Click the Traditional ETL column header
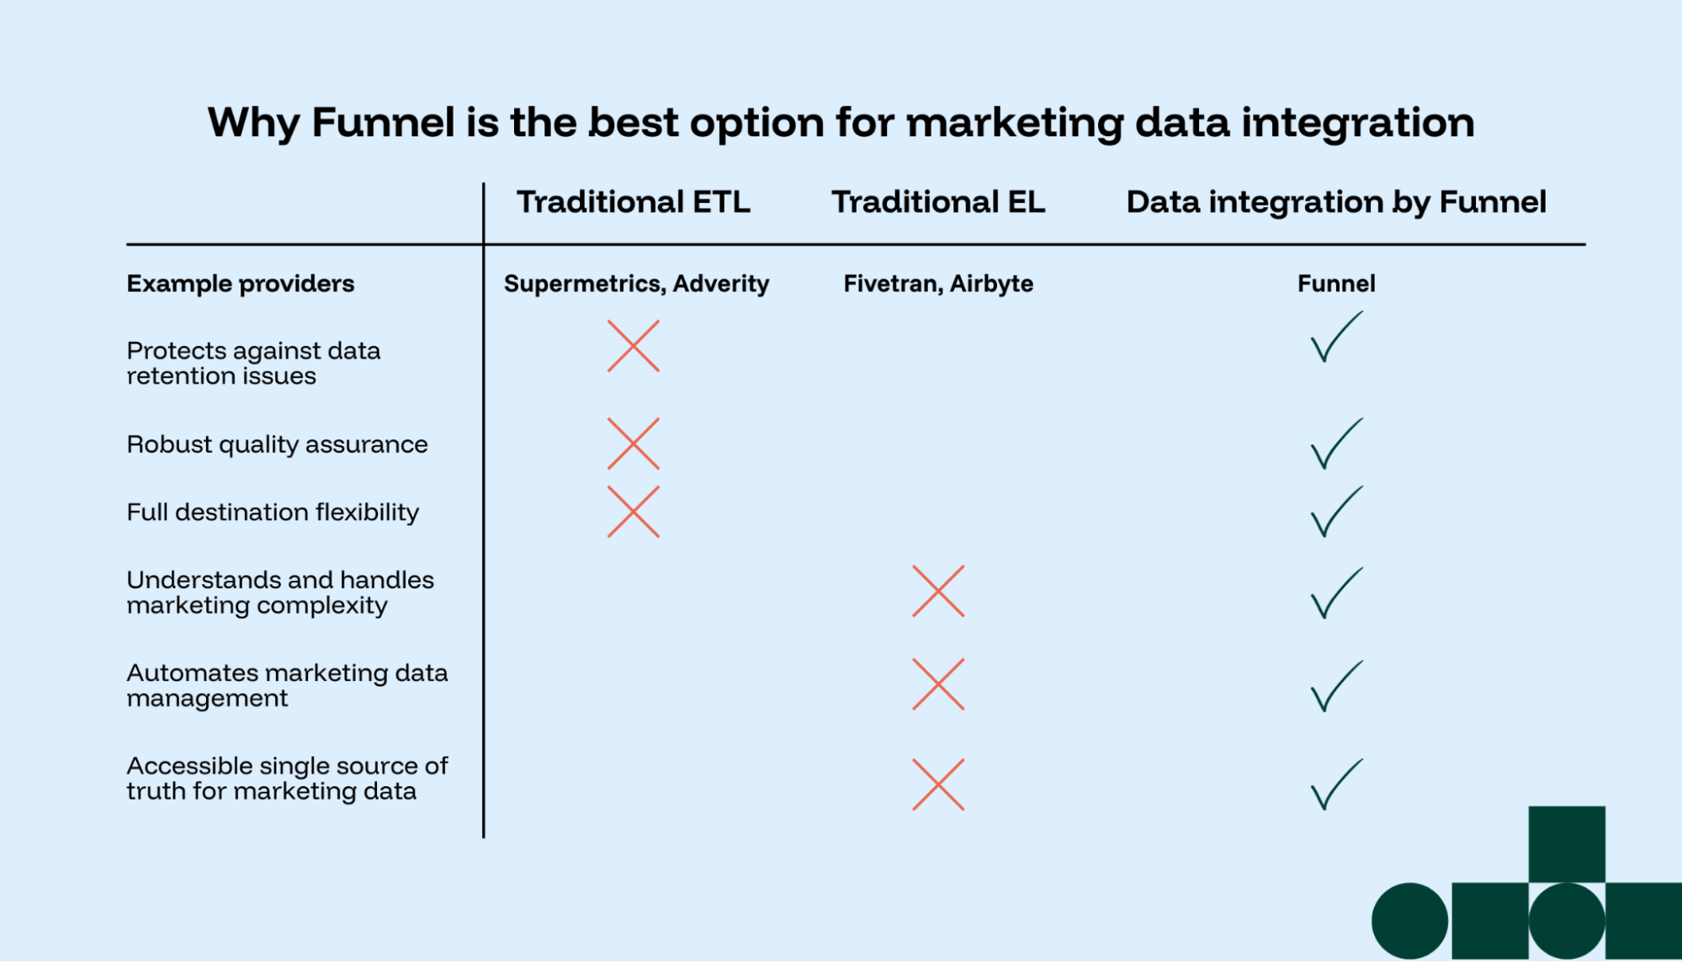[633, 202]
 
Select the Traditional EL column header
[938, 202]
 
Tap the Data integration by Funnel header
[1336, 202]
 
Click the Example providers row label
[241, 284]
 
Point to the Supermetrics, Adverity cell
[636, 284]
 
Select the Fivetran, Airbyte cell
[938, 284]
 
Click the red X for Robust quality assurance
[633, 444]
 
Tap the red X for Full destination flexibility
[633, 512]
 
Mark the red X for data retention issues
[633, 346]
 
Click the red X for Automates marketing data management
[938, 684]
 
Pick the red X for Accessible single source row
[938, 784]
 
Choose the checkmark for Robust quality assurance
[1335, 444]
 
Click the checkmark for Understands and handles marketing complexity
[1335, 594]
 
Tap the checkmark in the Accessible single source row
[1335, 785]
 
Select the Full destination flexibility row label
[273, 512]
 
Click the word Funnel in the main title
[383, 123]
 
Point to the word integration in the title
[1357, 123]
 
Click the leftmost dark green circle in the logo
[1409, 921]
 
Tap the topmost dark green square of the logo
[1566, 843]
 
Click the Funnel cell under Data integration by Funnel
[1336, 284]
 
